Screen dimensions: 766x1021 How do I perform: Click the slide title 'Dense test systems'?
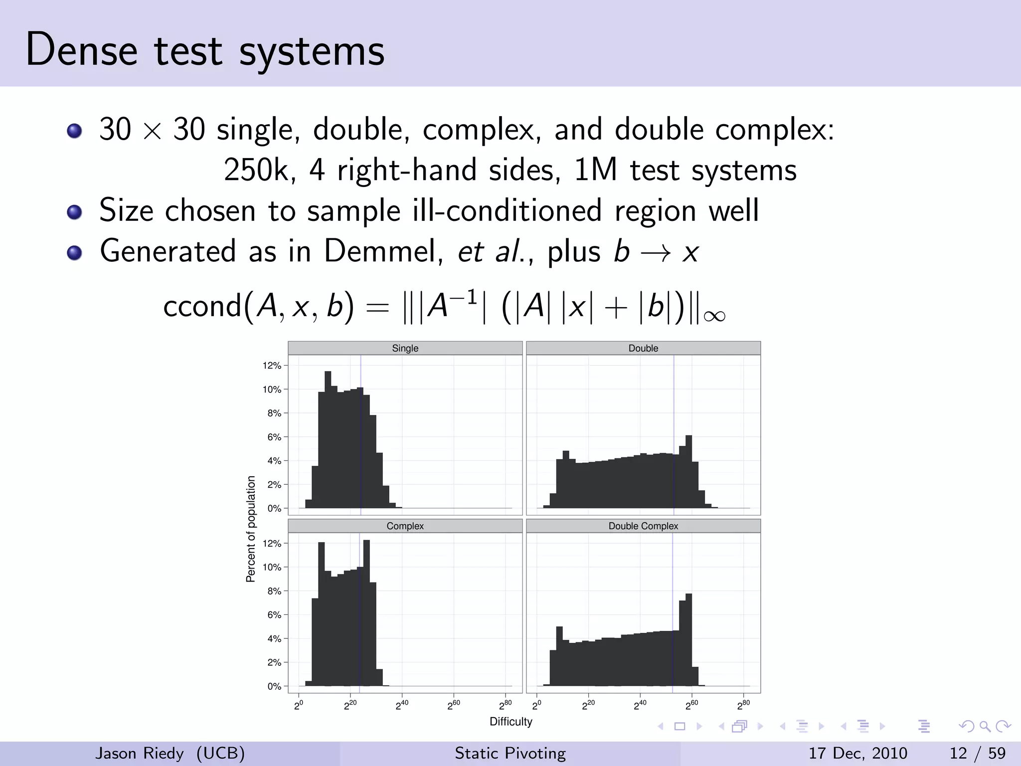pos(205,50)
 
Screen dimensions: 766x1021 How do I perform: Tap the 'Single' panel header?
pos(405,348)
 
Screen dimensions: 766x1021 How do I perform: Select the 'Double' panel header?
pos(643,348)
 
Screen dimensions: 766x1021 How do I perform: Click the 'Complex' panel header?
pos(405,526)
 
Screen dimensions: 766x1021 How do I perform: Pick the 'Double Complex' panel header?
pos(643,526)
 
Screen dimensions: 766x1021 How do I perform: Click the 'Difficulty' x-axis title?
pos(511,722)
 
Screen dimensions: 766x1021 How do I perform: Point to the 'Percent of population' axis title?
pos(251,529)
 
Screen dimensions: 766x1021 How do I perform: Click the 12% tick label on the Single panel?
pos(272,366)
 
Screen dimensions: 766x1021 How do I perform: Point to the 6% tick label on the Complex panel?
pos(274,615)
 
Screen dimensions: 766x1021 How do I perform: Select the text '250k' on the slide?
pos(256,170)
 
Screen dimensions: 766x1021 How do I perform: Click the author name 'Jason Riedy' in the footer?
pos(140,753)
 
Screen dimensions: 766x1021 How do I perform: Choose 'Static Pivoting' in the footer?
pos(510,753)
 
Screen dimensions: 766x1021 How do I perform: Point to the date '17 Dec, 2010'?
pos(857,753)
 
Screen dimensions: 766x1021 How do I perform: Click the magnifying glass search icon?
pos(985,727)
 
